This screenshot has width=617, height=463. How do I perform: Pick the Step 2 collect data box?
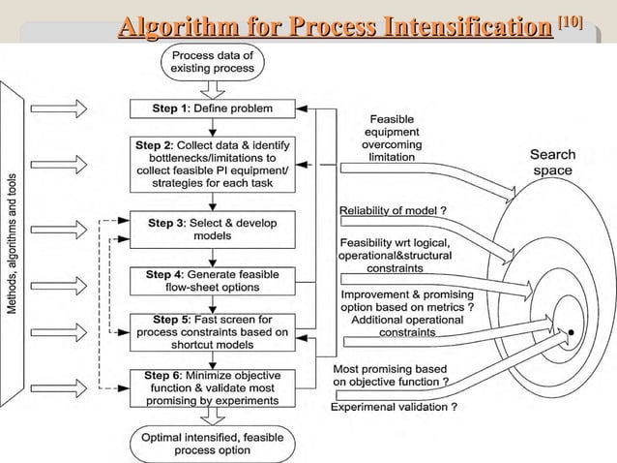point(210,165)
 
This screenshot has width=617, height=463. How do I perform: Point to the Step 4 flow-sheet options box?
point(210,281)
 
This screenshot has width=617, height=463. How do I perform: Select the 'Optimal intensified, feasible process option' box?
point(210,444)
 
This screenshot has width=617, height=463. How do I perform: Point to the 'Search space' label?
point(552,162)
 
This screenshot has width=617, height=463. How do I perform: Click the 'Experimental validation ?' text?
point(394,407)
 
